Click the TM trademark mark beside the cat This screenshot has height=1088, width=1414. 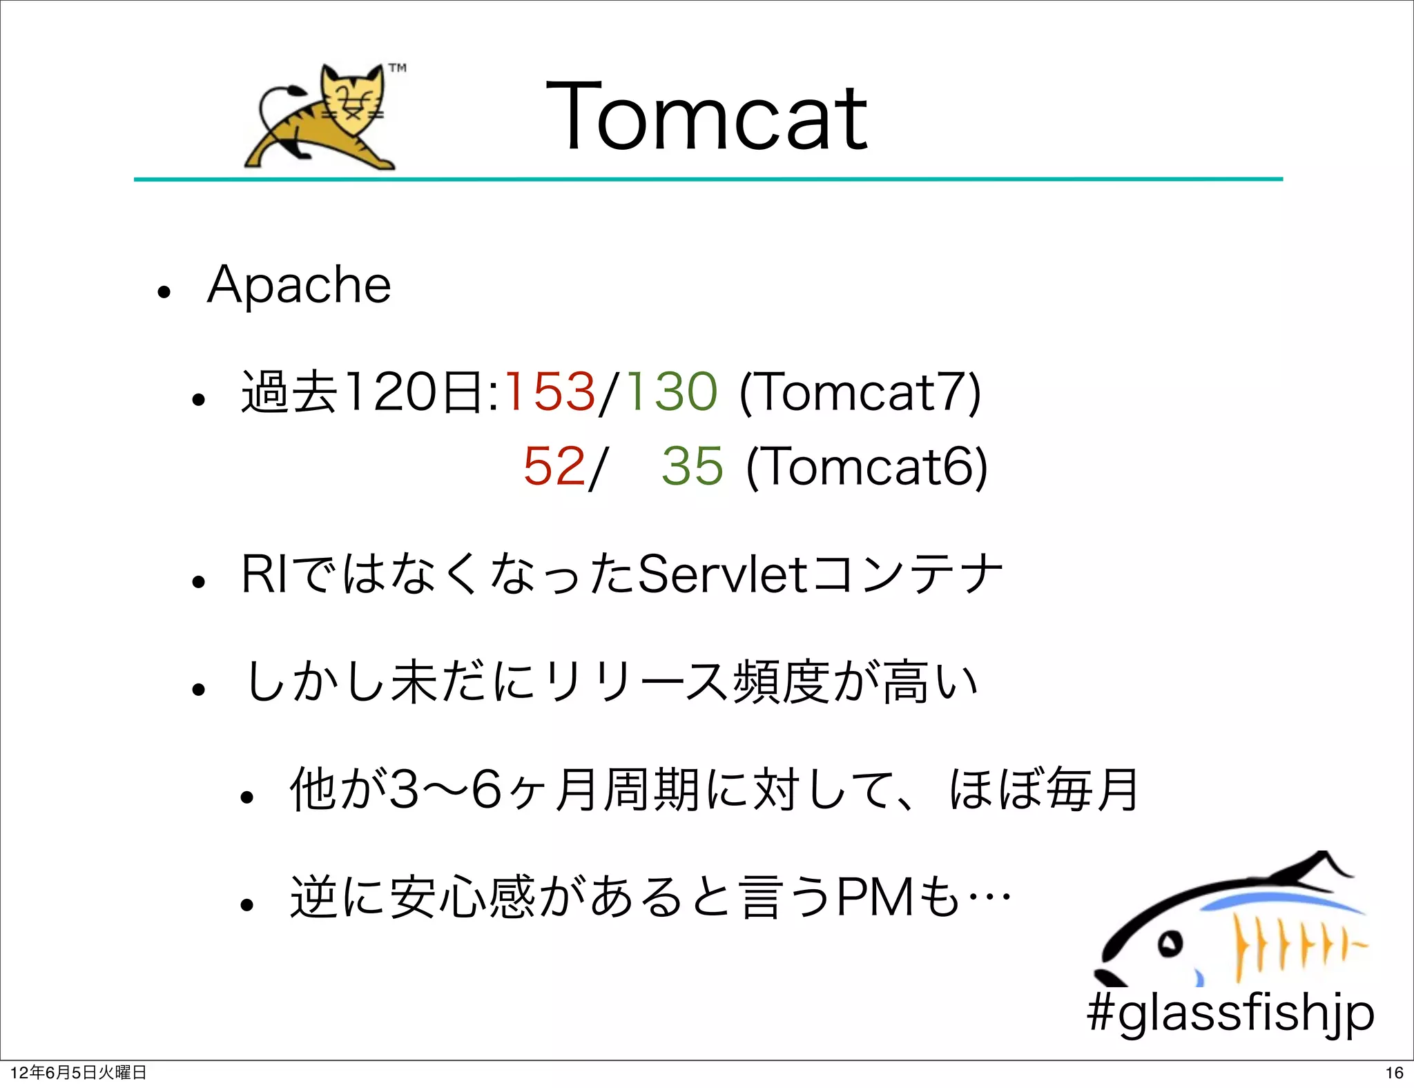397,68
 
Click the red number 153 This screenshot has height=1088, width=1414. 550,391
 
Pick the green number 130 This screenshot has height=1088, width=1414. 672,391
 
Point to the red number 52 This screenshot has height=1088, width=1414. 554,466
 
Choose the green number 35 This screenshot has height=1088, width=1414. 693,466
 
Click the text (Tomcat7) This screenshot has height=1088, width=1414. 860,392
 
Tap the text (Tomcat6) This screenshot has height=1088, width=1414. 867,467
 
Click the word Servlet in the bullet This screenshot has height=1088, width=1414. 722,574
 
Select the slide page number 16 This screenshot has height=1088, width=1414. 1394,1073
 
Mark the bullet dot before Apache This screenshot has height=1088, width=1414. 164,291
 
